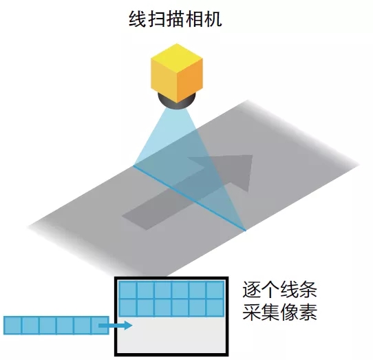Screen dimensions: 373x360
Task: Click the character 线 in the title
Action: click(x=137, y=19)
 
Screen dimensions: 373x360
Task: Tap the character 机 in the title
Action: click(x=213, y=19)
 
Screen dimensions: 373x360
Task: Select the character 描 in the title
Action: click(x=175, y=19)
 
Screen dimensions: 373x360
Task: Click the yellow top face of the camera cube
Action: click(x=177, y=57)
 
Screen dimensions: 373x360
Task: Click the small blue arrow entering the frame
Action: click(x=116, y=325)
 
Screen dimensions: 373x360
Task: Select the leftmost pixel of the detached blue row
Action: click(x=12, y=326)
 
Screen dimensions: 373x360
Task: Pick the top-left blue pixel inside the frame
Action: click(x=128, y=290)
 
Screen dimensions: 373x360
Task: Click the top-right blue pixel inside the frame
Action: click(x=215, y=290)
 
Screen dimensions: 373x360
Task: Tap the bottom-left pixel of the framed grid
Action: click(x=128, y=308)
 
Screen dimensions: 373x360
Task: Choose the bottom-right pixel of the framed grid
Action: click(x=215, y=308)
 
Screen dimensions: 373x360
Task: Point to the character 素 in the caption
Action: click(x=308, y=312)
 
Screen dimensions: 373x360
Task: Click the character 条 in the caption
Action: click(x=308, y=289)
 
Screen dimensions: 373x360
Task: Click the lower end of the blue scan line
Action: click(x=246, y=231)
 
